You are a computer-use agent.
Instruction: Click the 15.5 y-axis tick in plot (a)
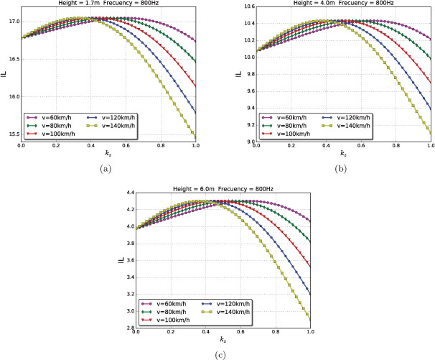pos(12,134)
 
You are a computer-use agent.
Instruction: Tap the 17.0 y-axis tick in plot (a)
pos(12,22)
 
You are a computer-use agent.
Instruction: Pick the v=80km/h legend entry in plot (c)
pos(162,310)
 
